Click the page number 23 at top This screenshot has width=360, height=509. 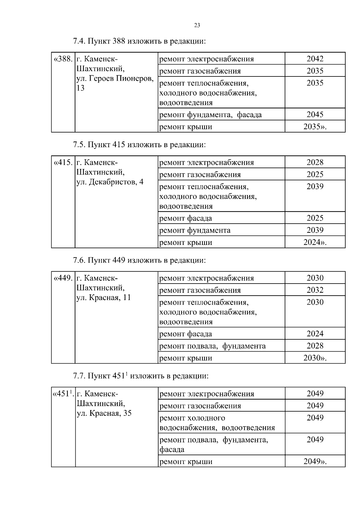[x=197, y=25]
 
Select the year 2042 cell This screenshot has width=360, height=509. [x=315, y=59]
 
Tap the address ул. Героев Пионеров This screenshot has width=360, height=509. [x=115, y=79]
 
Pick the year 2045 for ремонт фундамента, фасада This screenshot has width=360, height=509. [x=315, y=115]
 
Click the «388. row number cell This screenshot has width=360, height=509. [x=63, y=59]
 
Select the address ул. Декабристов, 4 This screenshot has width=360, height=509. [x=110, y=182]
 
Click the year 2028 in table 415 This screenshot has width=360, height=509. [x=315, y=162]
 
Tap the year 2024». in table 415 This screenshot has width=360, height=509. [x=315, y=242]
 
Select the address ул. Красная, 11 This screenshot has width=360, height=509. [x=103, y=298]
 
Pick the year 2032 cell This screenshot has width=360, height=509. [x=315, y=290]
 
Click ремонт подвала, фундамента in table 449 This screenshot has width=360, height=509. [x=212, y=346]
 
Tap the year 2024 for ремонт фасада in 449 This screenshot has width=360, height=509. [x=315, y=334]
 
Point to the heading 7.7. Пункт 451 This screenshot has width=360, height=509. [x=140, y=376]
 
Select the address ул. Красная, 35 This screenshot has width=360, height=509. [x=104, y=413]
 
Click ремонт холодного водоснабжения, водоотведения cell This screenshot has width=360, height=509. [x=217, y=423]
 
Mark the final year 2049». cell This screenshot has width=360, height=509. [x=315, y=461]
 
